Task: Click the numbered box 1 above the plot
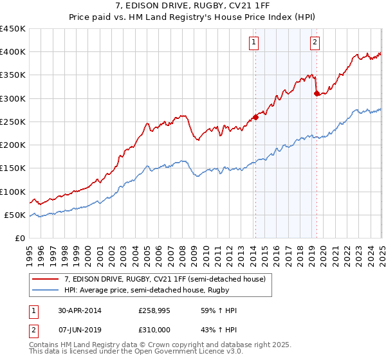point(253,43)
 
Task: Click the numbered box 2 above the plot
point(315,43)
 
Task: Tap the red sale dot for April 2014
point(255,117)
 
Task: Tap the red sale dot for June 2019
point(317,93)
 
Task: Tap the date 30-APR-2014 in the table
point(80,310)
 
